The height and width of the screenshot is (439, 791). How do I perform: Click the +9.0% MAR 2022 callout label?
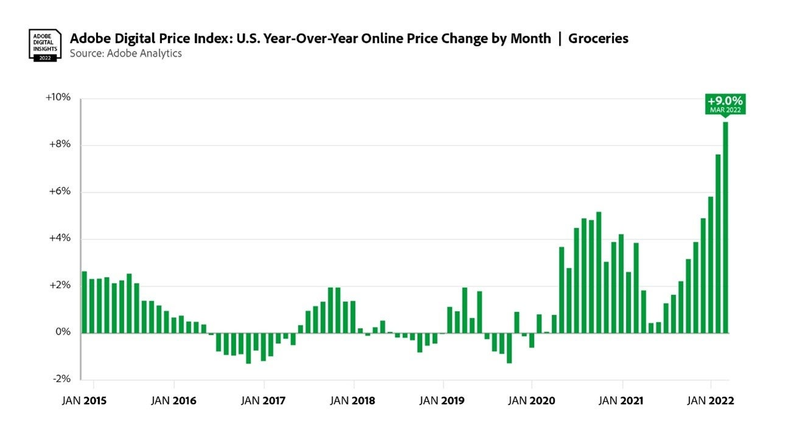click(725, 104)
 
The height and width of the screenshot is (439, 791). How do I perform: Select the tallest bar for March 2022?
click(725, 228)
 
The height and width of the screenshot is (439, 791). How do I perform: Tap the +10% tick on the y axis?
click(58, 98)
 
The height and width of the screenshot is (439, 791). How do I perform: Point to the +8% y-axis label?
click(60, 145)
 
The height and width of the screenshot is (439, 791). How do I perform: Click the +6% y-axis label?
click(60, 192)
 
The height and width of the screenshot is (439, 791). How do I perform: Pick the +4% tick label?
click(60, 239)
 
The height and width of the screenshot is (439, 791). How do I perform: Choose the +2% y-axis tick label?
click(60, 286)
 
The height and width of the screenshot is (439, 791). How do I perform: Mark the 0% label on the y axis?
click(63, 332)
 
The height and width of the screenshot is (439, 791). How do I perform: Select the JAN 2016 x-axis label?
click(175, 401)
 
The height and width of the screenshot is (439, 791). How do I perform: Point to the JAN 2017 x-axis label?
click(264, 401)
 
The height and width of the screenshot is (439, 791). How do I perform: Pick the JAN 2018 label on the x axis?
click(354, 401)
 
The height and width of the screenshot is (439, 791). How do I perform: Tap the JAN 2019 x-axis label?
click(443, 401)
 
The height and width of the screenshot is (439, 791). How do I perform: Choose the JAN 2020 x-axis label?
click(532, 401)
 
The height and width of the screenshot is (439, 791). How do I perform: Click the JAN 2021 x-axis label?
click(622, 401)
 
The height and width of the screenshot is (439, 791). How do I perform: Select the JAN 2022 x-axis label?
click(711, 401)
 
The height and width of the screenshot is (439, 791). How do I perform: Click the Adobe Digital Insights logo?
click(44, 44)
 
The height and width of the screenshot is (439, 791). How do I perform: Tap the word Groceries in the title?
click(598, 38)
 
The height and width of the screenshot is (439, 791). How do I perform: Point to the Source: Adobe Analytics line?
click(125, 54)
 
